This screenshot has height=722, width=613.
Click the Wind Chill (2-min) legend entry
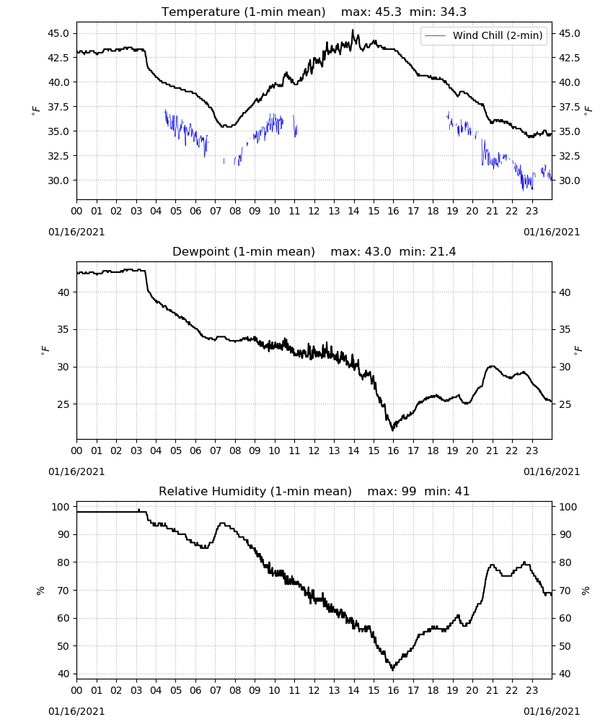click(x=484, y=35)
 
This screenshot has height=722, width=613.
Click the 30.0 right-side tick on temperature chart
click(x=569, y=180)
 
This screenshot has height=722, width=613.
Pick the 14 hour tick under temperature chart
click(x=353, y=211)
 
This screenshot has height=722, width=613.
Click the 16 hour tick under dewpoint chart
click(x=393, y=451)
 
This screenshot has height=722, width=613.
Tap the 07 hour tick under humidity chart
click(x=215, y=691)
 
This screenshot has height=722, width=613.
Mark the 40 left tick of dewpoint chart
click(x=64, y=292)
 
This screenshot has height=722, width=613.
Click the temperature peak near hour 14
click(x=353, y=30)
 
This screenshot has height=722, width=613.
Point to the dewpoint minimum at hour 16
click(x=393, y=430)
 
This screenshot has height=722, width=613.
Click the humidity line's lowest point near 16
click(x=393, y=670)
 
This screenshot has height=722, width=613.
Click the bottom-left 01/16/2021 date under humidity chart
click(x=76, y=711)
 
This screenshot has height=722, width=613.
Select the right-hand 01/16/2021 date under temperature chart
click(x=552, y=232)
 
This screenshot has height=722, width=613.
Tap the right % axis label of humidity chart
click(x=586, y=591)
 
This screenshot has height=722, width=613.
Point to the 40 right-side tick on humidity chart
click(x=564, y=674)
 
